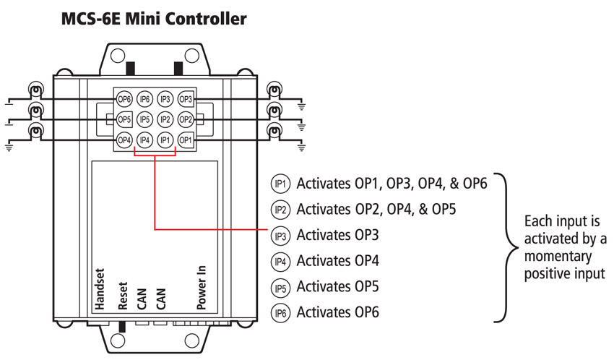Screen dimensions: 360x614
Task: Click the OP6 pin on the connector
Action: [x=124, y=99]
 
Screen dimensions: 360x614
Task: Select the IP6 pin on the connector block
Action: [x=144, y=99]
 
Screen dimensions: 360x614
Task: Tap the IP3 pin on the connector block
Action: [x=165, y=99]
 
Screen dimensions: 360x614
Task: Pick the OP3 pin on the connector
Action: [x=186, y=99]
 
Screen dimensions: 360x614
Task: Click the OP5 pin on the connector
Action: [x=124, y=119]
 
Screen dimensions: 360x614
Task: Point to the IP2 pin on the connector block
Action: [x=165, y=119]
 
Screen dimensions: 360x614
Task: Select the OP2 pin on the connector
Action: [x=186, y=119]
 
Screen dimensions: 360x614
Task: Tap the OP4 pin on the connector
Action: [x=124, y=140]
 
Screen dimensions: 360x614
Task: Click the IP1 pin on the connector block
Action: [x=165, y=140]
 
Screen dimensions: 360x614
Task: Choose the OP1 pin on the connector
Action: [x=186, y=140]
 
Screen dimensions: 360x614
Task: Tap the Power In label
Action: [x=202, y=288]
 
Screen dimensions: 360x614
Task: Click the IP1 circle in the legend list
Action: [x=280, y=184]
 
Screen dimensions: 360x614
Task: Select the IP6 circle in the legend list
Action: [x=280, y=313]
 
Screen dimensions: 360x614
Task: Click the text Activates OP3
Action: [x=337, y=235]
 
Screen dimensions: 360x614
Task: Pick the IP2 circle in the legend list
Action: [x=280, y=210]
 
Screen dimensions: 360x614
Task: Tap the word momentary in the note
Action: [x=558, y=257]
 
